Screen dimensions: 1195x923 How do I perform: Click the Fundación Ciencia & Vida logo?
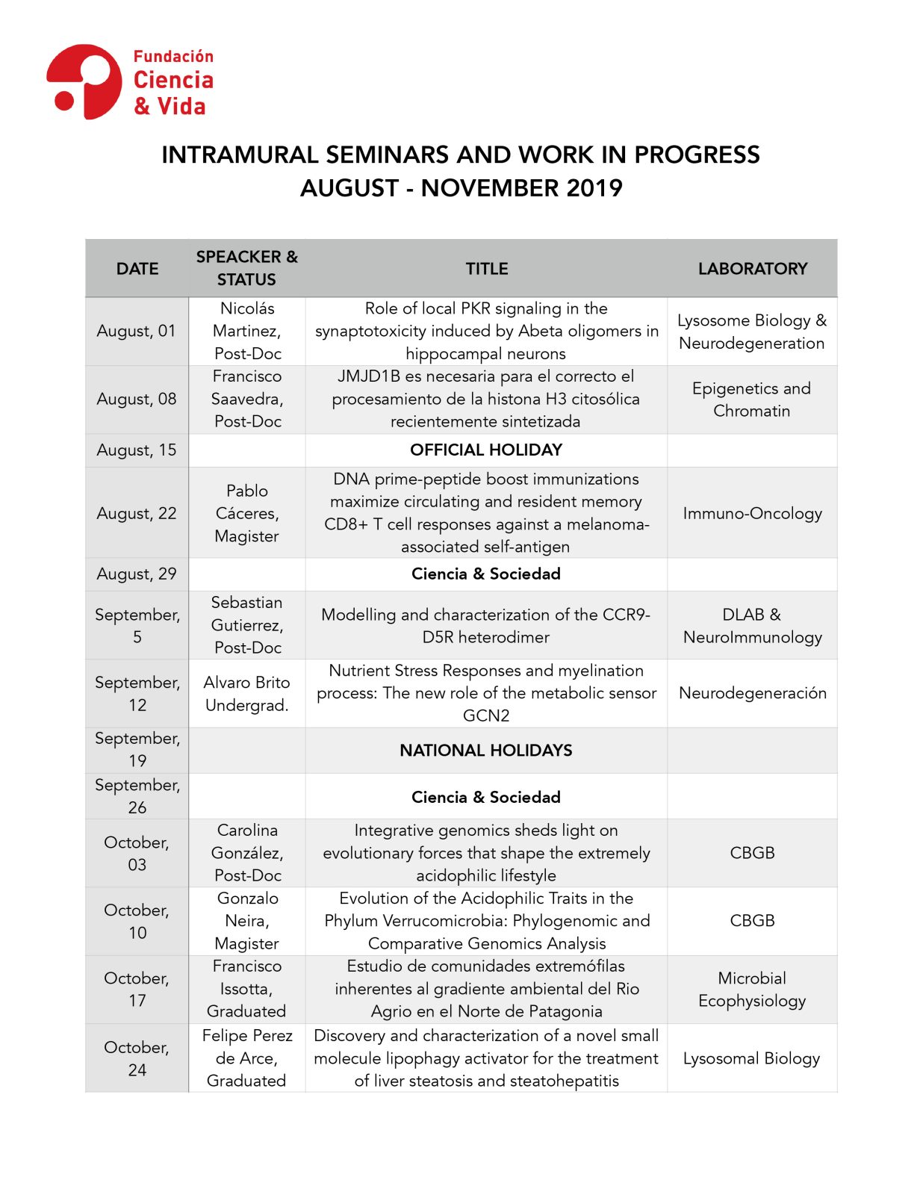click(130, 81)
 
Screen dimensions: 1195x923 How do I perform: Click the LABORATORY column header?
click(752, 269)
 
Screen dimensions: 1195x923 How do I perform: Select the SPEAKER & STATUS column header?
click(246, 268)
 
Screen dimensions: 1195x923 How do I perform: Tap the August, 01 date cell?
click(137, 331)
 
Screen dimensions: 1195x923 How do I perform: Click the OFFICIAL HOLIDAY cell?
click(485, 450)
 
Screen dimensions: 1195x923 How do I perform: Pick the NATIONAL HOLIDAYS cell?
click(485, 751)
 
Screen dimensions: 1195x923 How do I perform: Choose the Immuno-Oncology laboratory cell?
click(752, 514)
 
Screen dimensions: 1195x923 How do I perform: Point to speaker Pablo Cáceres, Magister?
click(246, 514)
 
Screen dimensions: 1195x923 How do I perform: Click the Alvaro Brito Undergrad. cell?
click(246, 694)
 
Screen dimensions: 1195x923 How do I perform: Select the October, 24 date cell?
click(137, 1058)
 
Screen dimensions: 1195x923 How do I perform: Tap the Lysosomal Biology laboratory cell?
click(751, 1058)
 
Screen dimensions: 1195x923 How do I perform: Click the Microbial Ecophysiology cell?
click(752, 990)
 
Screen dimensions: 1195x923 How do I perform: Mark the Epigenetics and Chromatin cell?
click(751, 400)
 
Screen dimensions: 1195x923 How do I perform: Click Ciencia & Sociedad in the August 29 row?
click(485, 574)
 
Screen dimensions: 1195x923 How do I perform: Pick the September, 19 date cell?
click(137, 750)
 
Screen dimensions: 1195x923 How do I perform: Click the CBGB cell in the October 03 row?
click(752, 853)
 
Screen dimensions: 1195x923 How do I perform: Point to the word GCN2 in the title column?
click(485, 716)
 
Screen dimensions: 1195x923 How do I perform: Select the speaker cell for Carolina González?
click(246, 853)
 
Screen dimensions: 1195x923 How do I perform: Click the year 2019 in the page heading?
click(594, 188)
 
